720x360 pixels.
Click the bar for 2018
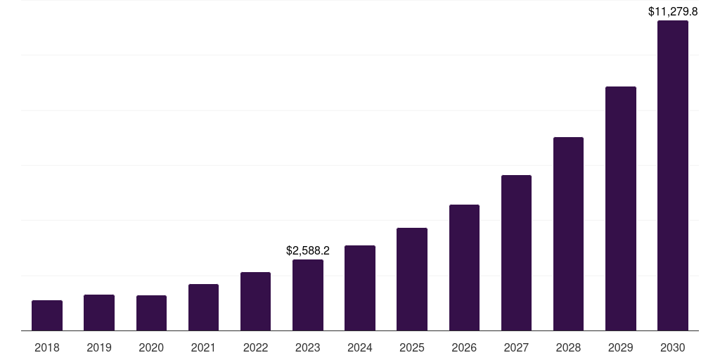point(47,316)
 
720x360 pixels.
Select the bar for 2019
point(99,313)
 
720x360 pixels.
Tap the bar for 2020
point(151,313)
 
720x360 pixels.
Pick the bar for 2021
point(203,307)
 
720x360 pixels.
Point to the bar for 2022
point(255,302)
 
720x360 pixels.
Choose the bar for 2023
point(308,295)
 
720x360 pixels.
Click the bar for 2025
point(412,279)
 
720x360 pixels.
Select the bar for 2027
point(516,253)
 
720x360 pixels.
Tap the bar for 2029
point(620,209)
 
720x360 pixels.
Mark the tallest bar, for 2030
point(672,176)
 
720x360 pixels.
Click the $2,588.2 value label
point(308,250)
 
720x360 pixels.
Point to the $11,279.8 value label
point(672,11)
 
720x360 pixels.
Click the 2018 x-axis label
point(47,347)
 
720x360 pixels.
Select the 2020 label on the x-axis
point(151,347)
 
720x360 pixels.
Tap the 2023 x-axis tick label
point(308,347)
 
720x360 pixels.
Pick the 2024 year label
point(360,347)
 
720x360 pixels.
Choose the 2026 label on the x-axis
point(464,347)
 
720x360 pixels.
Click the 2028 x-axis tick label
point(568,347)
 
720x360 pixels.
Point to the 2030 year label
point(672,347)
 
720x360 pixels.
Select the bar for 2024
point(360,288)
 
